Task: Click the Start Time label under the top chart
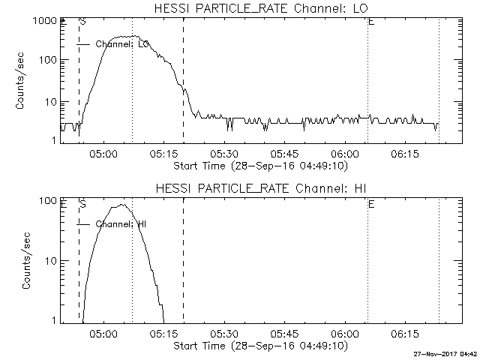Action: pyautogui.click(x=259, y=165)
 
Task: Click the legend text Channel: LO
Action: pyautogui.click(x=123, y=45)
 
